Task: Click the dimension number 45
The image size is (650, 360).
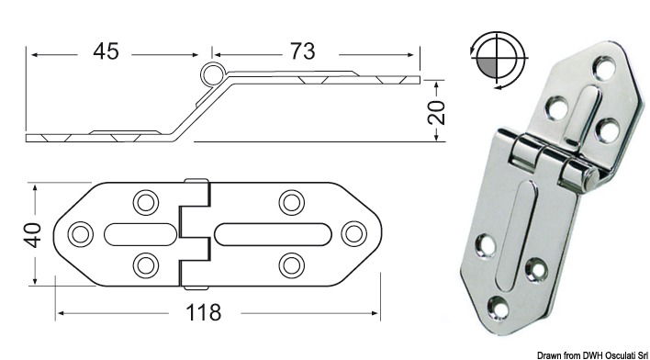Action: click(x=106, y=51)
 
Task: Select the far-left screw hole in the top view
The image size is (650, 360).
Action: click(x=81, y=232)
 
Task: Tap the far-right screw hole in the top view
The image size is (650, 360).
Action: click(x=353, y=232)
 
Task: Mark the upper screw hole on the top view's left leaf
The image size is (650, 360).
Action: click(x=145, y=200)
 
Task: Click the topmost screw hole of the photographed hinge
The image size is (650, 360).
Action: click(x=603, y=67)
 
